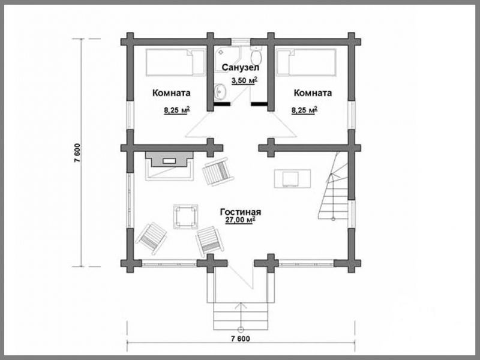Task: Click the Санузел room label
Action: (x=241, y=67)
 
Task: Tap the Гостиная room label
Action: (x=241, y=212)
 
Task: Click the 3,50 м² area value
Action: (x=244, y=81)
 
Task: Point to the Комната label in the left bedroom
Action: (x=172, y=93)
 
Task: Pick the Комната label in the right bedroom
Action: (x=313, y=93)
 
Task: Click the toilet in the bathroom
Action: (x=256, y=55)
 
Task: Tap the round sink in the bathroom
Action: (x=220, y=91)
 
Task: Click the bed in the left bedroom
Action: (x=175, y=62)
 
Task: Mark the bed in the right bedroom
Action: (x=306, y=62)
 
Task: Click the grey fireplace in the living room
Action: (x=169, y=159)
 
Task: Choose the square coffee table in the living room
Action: (x=185, y=217)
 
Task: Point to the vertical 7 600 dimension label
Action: (x=77, y=152)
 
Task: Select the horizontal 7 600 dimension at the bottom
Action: (x=241, y=338)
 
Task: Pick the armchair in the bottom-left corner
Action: (x=151, y=238)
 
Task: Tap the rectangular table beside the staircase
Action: (x=292, y=178)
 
